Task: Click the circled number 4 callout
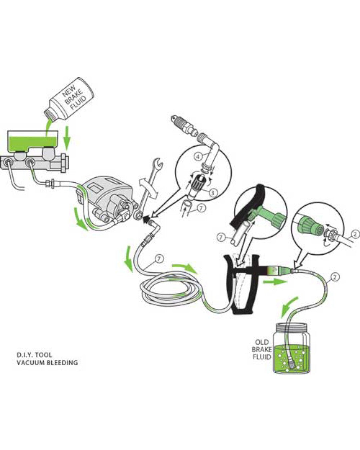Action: (x=198, y=157)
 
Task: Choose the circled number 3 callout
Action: (x=213, y=193)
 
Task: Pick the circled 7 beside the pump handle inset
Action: (x=221, y=237)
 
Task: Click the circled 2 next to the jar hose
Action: (x=335, y=277)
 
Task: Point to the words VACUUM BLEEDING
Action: (x=47, y=362)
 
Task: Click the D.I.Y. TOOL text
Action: (x=34, y=355)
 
